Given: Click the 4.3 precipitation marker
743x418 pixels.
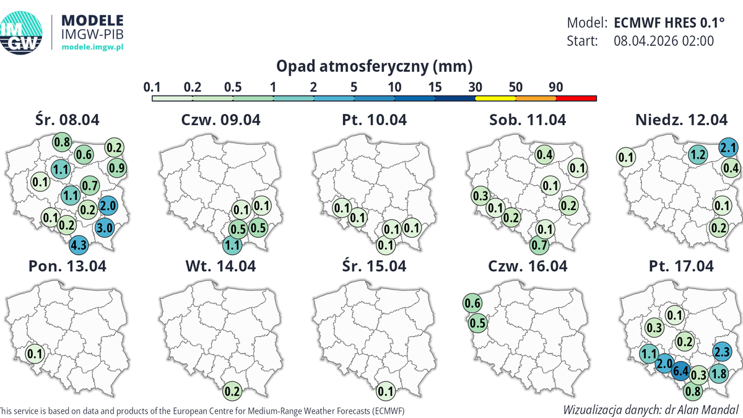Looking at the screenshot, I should [79, 245].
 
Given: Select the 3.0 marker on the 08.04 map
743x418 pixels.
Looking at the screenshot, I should [105, 228].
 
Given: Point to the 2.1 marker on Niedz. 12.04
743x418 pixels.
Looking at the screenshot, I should [728, 148].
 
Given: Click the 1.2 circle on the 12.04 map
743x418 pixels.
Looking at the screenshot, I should [698, 154].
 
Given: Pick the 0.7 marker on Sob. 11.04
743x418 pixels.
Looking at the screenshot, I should [539, 244].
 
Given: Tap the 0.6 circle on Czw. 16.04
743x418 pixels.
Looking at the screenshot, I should [473, 303].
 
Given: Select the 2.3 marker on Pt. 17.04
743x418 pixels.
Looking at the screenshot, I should [722, 352].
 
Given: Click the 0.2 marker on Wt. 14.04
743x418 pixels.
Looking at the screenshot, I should [233, 391].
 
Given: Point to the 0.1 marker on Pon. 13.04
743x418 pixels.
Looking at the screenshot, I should [35, 354].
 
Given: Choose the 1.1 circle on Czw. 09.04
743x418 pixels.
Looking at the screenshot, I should [232, 245].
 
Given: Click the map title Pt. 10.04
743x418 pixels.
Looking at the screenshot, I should [374, 120].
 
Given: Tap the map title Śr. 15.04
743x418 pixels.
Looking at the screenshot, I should [374, 266].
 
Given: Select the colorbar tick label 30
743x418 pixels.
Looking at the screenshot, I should [476, 87].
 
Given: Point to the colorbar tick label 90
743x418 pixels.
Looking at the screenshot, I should [555, 87].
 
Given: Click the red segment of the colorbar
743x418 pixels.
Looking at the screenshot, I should [576, 98].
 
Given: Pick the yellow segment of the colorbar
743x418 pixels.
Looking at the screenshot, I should [495, 98].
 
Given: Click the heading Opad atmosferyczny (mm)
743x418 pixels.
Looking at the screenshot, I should [374, 66].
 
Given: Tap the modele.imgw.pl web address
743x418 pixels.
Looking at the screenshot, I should [93, 47].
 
